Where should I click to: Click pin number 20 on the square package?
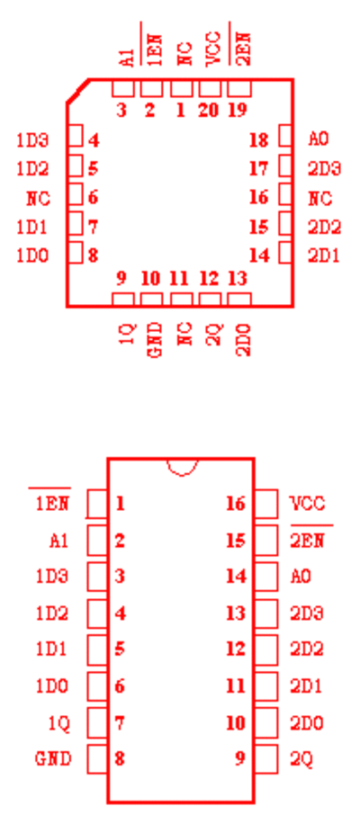[208, 111]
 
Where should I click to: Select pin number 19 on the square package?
[238, 111]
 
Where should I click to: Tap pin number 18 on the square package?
[258, 139]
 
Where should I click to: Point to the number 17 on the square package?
[258, 169]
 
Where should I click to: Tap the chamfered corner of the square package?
[77, 91]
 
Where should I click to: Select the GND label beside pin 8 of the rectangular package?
[53, 759]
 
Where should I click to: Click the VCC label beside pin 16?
[308, 504]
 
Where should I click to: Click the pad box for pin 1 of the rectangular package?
[97, 504]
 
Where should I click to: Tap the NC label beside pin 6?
[39, 199]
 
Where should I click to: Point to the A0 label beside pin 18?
[319, 139]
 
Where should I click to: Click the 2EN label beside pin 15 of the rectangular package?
[308, 541]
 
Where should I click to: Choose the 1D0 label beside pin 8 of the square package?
[32, 256]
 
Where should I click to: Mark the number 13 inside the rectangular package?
[236, 613]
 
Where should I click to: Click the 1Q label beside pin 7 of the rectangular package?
[58, 723]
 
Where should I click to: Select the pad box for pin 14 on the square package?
[285, 253]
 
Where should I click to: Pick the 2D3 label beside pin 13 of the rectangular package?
[306, 613]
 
